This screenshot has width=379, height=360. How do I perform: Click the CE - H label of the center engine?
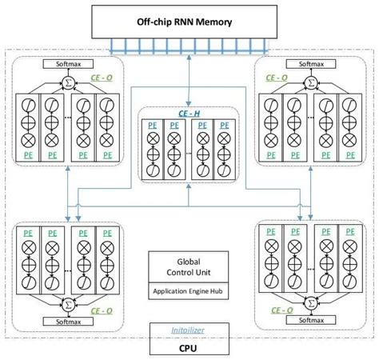pyautogui.click(x=189, y=114)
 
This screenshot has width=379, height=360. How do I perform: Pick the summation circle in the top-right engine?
pyautogui.click(x=313, y=81)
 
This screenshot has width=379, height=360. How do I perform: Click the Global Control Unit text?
pyautogui.click(x=189, y=266)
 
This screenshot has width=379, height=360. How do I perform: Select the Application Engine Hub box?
pyautogui.click(x=189, y=292)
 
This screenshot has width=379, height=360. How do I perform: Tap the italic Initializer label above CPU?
pyautogui.click(x=189, y=330)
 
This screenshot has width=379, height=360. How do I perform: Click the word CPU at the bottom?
pyautogui.click(x=189, y=348)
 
